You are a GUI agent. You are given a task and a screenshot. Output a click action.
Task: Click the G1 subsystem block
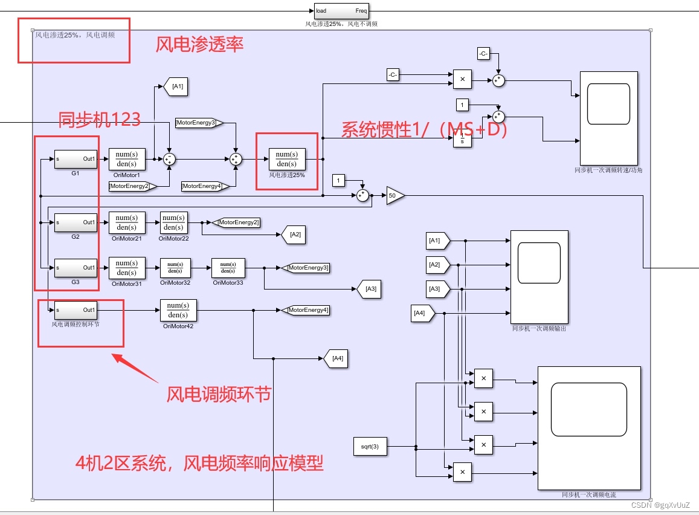[76, 159]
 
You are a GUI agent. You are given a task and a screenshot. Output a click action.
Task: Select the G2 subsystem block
[76, 222]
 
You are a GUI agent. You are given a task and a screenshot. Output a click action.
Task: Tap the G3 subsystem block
[76, 268]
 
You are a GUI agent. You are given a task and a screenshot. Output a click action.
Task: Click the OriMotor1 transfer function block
[127, 159]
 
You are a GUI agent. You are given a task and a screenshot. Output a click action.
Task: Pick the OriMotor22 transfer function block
[173, 222]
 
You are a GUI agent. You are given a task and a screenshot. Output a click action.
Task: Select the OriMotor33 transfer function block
[228, 268]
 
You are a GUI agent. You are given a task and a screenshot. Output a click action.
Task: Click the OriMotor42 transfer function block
[178, 310]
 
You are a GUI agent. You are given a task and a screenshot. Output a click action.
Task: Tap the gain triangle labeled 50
[395, 196]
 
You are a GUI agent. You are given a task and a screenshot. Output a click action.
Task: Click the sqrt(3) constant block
[370, 447]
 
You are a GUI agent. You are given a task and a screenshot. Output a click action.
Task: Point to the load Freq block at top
[341, 11]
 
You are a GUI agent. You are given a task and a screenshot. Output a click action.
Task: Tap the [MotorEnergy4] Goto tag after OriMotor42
[307, 310]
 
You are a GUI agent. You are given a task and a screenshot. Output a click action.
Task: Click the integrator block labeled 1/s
[462, 139]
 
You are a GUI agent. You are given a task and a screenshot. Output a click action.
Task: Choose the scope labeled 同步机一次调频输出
[539, 277]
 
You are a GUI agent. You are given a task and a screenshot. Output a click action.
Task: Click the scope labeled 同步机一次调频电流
[588, 427]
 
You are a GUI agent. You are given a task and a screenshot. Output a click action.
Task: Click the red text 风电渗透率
[199, 44]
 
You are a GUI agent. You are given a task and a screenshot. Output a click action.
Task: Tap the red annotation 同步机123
[99, 120]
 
